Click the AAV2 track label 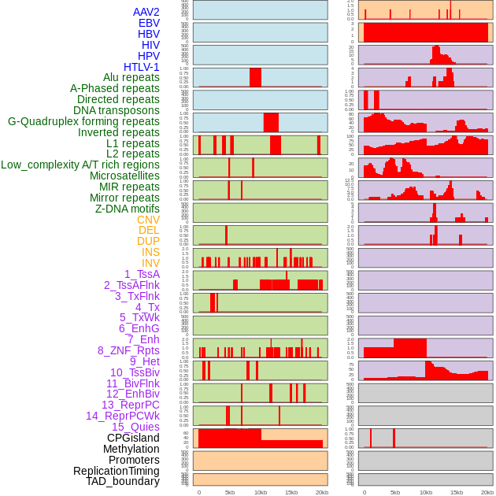pos(146,12)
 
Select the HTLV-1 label pos(141,67)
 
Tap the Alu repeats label pos(131,77)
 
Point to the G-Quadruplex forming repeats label pos(83,121)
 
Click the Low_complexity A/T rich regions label pos(80,165)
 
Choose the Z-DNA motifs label pos(127,209)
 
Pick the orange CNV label pos(148,220)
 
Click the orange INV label pos(150,263)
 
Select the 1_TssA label pos(142,274)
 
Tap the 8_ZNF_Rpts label pos(128,350)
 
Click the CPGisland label pos(133,438)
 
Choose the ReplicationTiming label pos(116,471)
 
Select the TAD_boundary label pos(122,481)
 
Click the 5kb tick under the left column pos(230,492)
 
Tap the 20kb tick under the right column pos(487,492)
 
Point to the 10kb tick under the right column pos(426,492)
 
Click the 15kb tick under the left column pos(291,492)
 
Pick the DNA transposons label pos(116,110)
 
